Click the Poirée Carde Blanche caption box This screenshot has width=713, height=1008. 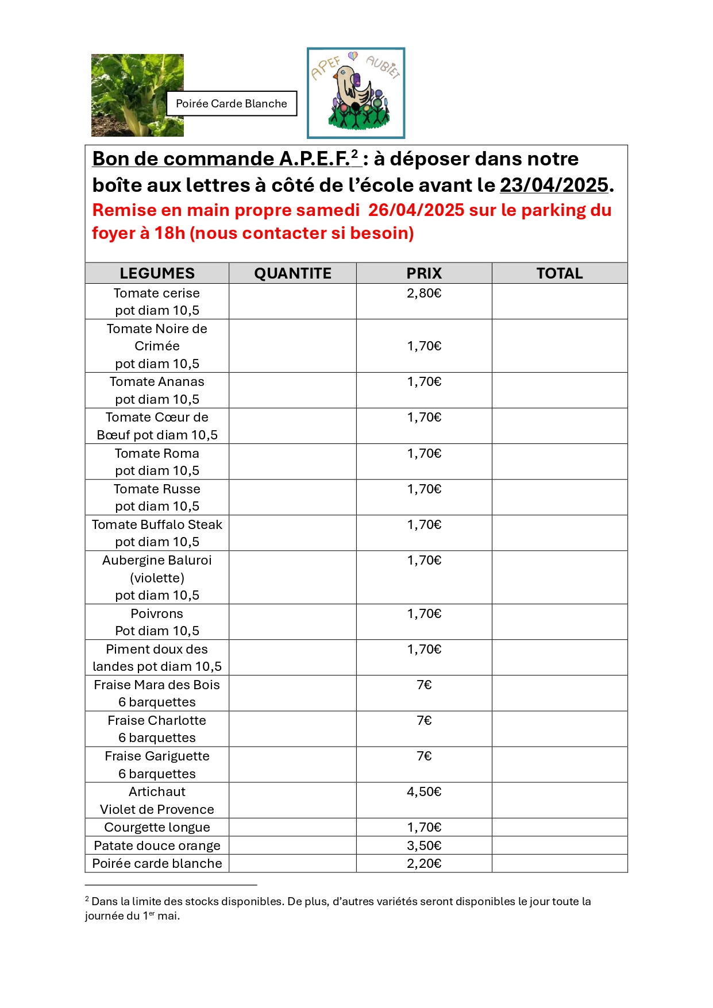point(232,103)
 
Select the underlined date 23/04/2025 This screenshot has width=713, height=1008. point(554,185)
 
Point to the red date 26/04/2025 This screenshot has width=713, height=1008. point(416,210)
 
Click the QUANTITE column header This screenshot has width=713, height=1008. point(292,273)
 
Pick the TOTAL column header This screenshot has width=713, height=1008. point(560,273)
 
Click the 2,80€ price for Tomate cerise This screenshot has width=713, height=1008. point(424,293)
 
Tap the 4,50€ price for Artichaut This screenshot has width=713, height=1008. point(424,792)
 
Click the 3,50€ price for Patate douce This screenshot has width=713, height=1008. point(424,845)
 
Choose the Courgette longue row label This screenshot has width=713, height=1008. point(157,828)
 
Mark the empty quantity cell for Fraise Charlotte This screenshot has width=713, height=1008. point(292,729)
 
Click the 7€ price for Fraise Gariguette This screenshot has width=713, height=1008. point(424,756)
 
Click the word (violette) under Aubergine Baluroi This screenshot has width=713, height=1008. point(157,578)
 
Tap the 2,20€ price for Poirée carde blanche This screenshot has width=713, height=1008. point(424,864)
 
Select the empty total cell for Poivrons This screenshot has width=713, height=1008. point(560,622)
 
